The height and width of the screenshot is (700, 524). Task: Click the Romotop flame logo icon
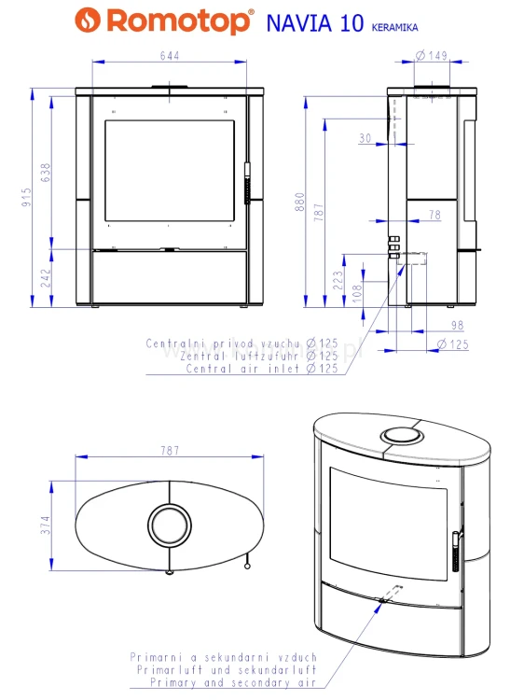85,18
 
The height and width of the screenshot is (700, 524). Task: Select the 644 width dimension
169,56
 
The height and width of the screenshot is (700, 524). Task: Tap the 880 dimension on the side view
300,201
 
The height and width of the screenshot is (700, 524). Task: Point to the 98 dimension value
456,326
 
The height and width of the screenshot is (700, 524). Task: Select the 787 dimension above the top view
169,451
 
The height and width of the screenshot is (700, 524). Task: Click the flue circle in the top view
169,525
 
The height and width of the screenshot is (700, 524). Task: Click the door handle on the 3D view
455,552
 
